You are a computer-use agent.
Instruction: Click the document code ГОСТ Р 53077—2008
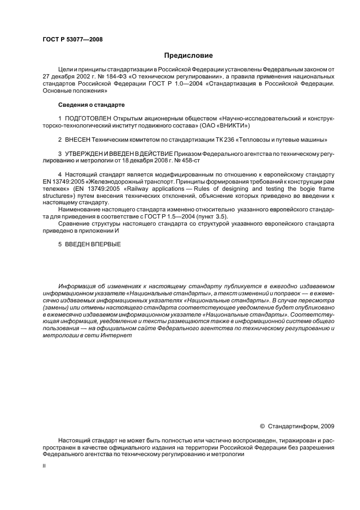(x=72, y=40)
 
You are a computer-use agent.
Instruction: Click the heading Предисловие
(x=188, y=56)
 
